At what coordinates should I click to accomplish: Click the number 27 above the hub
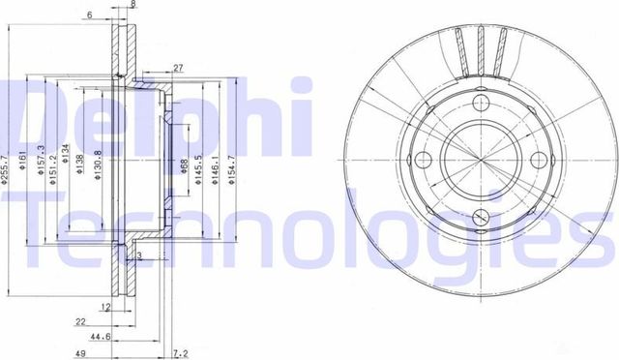tap(179, 68)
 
